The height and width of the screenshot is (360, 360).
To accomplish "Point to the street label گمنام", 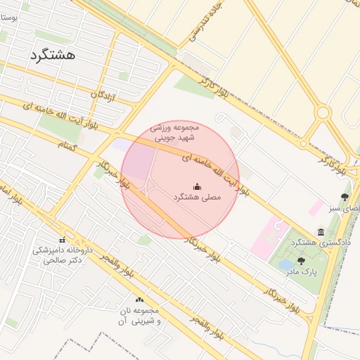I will point(70,143).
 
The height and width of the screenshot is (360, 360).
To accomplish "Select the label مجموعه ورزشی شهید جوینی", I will point(176,132).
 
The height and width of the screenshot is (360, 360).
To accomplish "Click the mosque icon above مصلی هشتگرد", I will point(197,186).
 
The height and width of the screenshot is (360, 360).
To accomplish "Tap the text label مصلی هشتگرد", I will point(197,198).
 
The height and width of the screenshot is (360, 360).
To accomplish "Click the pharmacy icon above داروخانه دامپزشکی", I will point(62,240).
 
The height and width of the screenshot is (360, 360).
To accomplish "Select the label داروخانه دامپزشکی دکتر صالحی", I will point(62,255).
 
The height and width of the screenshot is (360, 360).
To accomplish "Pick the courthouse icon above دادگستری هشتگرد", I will point(321,231).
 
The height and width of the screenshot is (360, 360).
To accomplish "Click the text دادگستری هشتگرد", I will point(321,243).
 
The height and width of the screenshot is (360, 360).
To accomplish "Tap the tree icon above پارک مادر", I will point(302,261).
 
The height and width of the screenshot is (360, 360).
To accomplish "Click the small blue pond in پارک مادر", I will point(286,264).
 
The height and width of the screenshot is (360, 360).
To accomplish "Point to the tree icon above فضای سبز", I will point(344,198).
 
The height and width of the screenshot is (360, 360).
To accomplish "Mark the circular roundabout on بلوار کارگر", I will point(323,112).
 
